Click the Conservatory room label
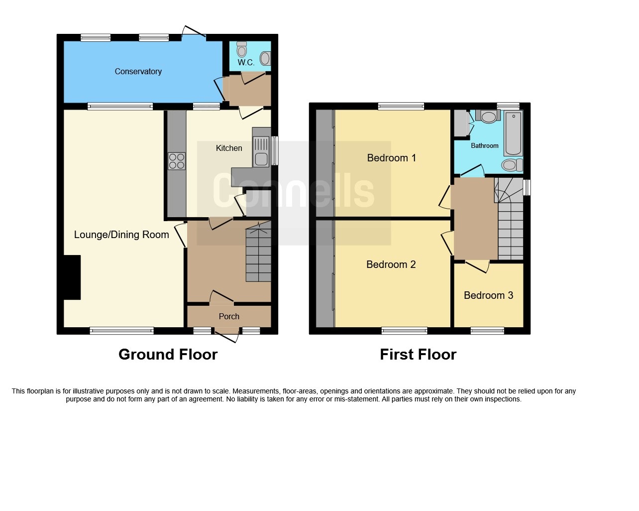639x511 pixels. point(138,71)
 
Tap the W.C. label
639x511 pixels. point(246,62)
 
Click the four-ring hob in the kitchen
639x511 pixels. point(177,161)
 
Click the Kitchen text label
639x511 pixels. point(229,148)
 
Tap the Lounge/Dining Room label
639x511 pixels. point(121,235)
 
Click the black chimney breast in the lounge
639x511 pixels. point(72,277)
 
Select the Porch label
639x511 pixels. point(229,316)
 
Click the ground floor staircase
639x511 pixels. point(258,256)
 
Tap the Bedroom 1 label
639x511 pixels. point(391,158)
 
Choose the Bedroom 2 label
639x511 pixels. point(391,264)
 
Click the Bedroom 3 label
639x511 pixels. point(488,295)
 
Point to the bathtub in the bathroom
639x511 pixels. point(514,134)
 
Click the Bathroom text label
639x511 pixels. point(484,145)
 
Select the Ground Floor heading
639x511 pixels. point(168,354)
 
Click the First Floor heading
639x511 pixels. point(418,354)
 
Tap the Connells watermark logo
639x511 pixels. point(294,191)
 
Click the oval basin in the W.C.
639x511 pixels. point(265,59)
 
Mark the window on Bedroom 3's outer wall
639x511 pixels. point(487,331)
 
